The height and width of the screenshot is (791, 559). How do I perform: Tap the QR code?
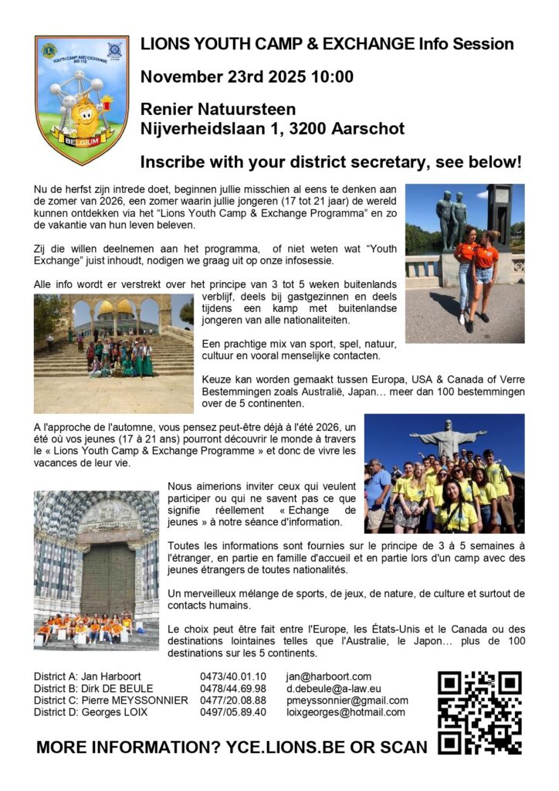tap(479, 712)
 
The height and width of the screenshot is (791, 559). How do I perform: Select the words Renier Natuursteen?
tap(218, 110)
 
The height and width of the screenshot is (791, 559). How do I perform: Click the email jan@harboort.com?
tap(328, 677)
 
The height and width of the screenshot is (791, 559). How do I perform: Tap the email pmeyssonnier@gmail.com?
tap(347, 700)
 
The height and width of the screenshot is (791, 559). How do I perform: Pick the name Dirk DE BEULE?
tap(126, 688)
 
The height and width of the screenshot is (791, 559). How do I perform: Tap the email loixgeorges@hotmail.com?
tap(345, 712)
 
